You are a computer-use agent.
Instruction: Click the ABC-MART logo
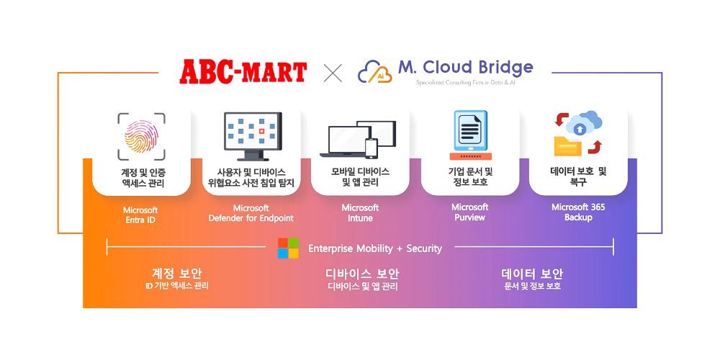click(x=243, y=72)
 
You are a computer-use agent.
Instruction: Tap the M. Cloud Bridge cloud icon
click(x=374, y=72)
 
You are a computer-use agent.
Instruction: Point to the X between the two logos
click(x=333, y=72)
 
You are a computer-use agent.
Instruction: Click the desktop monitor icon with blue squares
click(x=251, y=135)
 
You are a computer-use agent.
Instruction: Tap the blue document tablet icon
click(x=470, y=135)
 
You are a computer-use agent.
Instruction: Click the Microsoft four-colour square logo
click(x=288, y=248)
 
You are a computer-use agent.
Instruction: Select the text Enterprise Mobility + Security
click(x=375, y=248)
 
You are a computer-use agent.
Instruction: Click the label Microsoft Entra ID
click(x=140, y=215)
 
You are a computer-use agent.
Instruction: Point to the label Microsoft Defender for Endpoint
click(x=251, y=213)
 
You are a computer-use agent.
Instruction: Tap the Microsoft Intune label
click(x=360, y=213)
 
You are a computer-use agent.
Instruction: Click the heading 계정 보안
click(x=176, y=274)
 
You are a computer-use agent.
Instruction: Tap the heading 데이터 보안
click(x=532, y=274)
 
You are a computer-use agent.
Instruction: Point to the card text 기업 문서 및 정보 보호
click(x=469, y=176)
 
